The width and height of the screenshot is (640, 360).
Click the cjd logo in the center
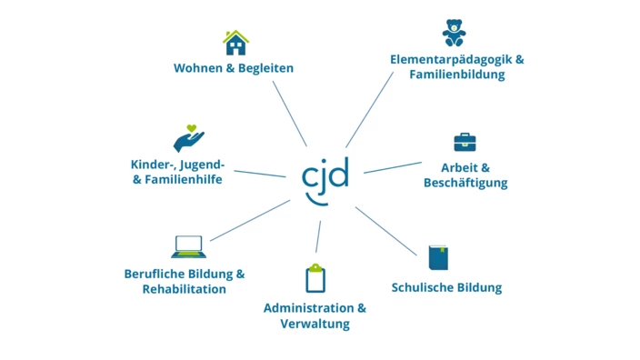[x=325, y=178]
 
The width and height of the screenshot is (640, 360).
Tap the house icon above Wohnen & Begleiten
[x=235, y=42]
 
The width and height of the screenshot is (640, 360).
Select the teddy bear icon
[x=454, y=33]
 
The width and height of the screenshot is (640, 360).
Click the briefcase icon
[x=465, y=142]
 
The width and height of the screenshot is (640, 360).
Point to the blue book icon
[x=439, y=257]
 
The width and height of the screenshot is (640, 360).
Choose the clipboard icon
[x=315, y=277]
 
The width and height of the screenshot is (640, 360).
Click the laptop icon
[x=188, y=246]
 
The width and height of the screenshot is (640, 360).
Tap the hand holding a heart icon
[x=188, y=139]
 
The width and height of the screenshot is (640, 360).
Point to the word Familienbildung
[x=457, y=75]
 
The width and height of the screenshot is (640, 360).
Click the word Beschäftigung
[x=465, y=183]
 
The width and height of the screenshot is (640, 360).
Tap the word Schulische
[x=423, y=288]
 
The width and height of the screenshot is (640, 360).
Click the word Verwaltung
[x=315, y=324]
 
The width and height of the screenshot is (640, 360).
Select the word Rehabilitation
[x=184, y=289]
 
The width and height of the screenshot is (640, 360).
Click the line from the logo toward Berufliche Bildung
[x=249, y=221]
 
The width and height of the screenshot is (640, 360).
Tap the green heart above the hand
[x=191, y=128]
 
